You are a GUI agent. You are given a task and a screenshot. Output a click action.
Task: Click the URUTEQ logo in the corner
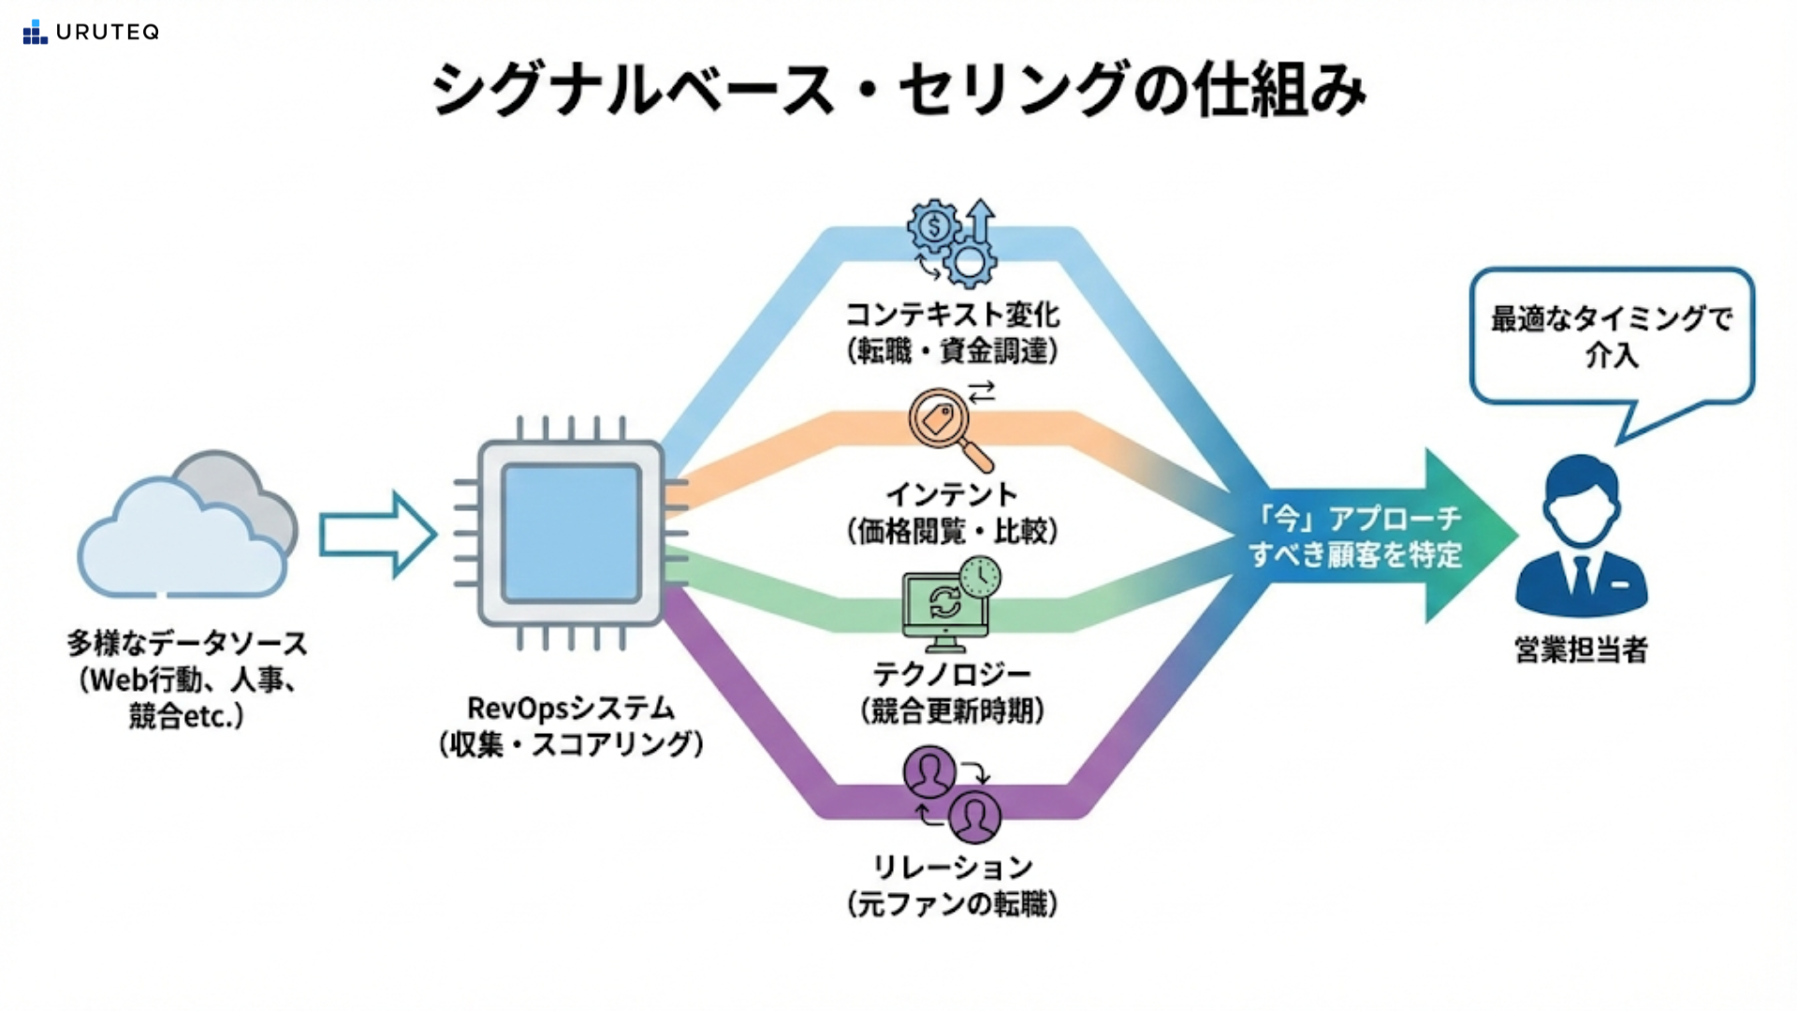[x=91, y=32]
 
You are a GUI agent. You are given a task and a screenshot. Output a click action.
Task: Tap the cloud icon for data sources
[x=187, y=529]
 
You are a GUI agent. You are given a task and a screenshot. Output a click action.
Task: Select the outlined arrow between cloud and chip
[x=376, y=535]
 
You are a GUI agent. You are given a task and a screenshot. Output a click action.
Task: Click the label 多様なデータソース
[x=187, y=644]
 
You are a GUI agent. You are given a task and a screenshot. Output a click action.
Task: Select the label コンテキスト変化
[x=953, y=315]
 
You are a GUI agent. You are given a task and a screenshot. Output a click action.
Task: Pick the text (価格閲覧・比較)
[x=953, y=532]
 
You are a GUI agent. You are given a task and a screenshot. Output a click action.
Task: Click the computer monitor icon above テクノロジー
[x=943, y=609]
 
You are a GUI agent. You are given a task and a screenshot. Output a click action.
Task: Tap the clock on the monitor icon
[x=980, y=577]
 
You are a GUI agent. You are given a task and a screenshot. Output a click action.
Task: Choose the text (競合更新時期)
[x=953, y=711]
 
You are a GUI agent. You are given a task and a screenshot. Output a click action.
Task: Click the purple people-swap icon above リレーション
[x=952, y=794]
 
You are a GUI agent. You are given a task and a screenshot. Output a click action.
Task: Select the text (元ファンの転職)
[x=953, y=904]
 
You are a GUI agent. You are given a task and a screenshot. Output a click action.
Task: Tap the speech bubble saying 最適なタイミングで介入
[x=1612, y=337]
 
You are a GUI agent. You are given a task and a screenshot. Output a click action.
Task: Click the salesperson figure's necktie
[x=1582, y=573]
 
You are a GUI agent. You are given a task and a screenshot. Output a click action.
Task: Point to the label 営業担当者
[x=1581, y=650]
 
